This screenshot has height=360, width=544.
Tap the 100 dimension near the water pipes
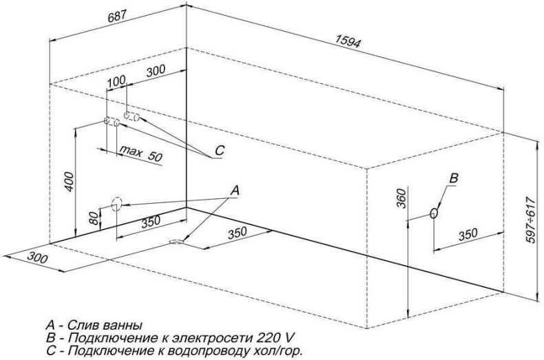tap(117, 81)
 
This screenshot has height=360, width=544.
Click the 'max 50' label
tap(140, 153)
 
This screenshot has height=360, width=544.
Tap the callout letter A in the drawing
tap(234, 189)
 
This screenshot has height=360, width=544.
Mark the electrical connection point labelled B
tap(433, 213)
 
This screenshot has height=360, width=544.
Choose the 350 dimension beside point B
tap(467, 235)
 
